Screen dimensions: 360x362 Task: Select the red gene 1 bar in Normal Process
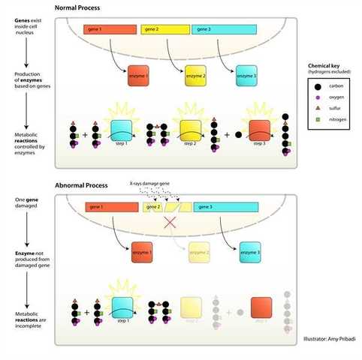click(x=110, y=30)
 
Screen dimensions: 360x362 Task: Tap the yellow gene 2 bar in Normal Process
click(x=164, y=30)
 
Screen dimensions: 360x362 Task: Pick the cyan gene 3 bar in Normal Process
click(x=225, y=30)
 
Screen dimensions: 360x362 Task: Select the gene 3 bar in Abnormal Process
click(x=226, y=206)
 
